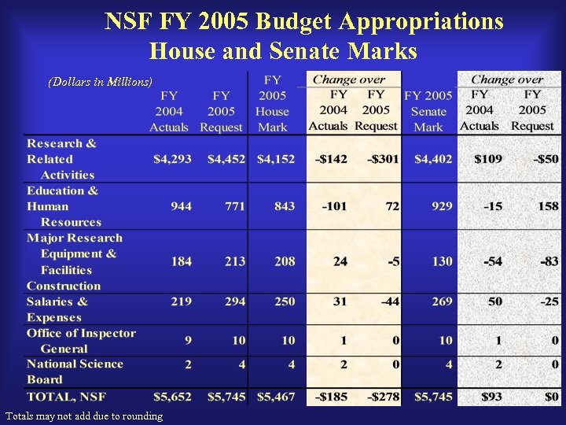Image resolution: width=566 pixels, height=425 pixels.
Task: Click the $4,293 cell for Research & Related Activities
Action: (172, 159)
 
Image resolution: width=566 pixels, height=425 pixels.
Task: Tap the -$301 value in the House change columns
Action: (383, 159)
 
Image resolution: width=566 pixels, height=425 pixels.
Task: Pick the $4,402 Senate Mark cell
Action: (433, 159)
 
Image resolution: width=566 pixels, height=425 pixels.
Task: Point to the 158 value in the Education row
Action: (547, 206)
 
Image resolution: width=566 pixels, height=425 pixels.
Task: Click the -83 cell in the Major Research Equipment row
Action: (549, 261)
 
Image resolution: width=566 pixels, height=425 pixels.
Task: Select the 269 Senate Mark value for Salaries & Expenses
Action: (442, 301)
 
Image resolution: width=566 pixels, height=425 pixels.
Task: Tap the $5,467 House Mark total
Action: (276, 397)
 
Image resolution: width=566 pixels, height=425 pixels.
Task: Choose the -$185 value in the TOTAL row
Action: (331, 397)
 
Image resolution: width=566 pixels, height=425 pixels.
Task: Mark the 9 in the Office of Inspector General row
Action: (187, 341)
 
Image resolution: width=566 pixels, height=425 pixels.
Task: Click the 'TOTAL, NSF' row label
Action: (66, 397)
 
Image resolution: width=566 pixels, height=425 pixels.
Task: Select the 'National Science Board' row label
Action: (75, 371)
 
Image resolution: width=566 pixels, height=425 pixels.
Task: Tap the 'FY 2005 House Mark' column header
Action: (272, 103)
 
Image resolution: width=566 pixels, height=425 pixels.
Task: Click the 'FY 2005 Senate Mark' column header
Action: (428, 111)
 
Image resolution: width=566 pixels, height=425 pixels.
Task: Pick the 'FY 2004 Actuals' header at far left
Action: (169, 111)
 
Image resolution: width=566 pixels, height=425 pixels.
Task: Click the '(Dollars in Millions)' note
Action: (100, 81)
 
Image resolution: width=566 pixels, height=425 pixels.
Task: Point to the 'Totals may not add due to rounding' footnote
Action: (84, 416)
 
